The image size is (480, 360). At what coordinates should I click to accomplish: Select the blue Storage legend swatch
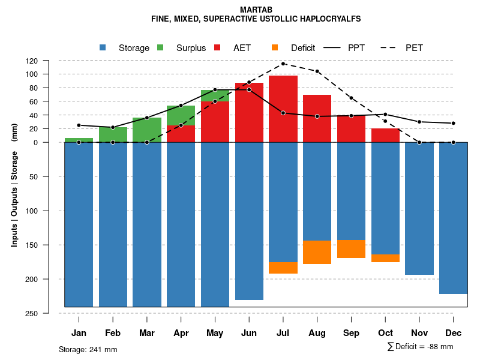click(103, 47)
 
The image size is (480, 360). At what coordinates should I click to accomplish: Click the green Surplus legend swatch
click(161, 47)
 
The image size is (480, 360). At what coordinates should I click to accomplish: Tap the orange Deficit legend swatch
click(275, 47)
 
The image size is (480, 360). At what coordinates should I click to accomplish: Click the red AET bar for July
click(283, 109)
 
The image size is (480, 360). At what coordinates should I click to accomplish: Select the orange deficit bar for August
click(317, 252)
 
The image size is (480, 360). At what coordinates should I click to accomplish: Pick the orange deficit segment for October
click(386, 258)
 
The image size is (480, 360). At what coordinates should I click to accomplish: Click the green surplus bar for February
click(113, 134)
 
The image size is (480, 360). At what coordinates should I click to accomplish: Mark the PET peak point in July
click(283, 63)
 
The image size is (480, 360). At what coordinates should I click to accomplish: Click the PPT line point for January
click(79, 125)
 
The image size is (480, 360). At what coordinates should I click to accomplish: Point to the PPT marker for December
click(454, 123)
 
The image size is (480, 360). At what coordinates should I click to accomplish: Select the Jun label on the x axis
click(249, 333)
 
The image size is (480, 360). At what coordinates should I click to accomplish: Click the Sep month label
click(352, 333)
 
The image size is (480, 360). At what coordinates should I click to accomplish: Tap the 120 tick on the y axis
click(48, 61)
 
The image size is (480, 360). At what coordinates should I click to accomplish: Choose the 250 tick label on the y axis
click(48, 313)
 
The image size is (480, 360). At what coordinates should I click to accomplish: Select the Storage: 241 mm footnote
click(88, 349)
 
